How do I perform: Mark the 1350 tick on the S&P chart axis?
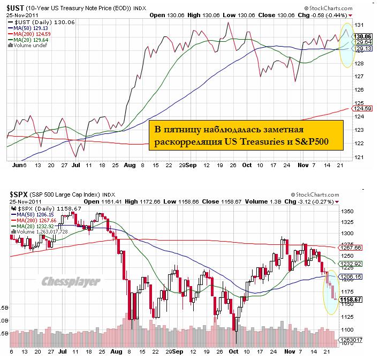pos(362,212)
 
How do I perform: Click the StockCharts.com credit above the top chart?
pos(337,7)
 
